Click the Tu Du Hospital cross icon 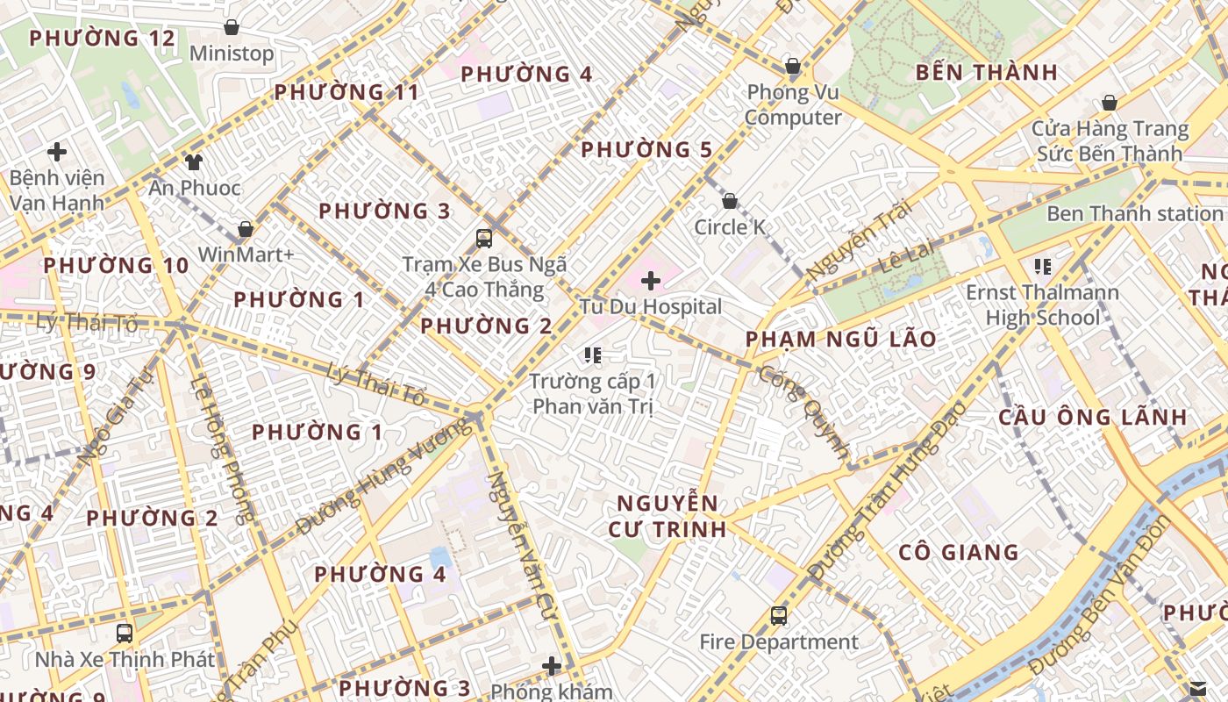650,281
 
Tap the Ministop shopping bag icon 232,28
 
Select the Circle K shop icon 729,202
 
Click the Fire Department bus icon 778,616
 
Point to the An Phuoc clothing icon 194,162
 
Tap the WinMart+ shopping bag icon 246,229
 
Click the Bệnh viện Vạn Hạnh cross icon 57,152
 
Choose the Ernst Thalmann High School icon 1042,266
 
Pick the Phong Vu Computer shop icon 792,66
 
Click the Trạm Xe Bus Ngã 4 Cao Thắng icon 483,238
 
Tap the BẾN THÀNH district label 987,73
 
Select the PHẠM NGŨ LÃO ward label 840,340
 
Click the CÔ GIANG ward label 959,553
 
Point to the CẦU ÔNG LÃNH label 1093,418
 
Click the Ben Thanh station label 1134,214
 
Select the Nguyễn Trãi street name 859,240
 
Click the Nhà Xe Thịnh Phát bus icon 125,634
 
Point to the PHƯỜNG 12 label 102,39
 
